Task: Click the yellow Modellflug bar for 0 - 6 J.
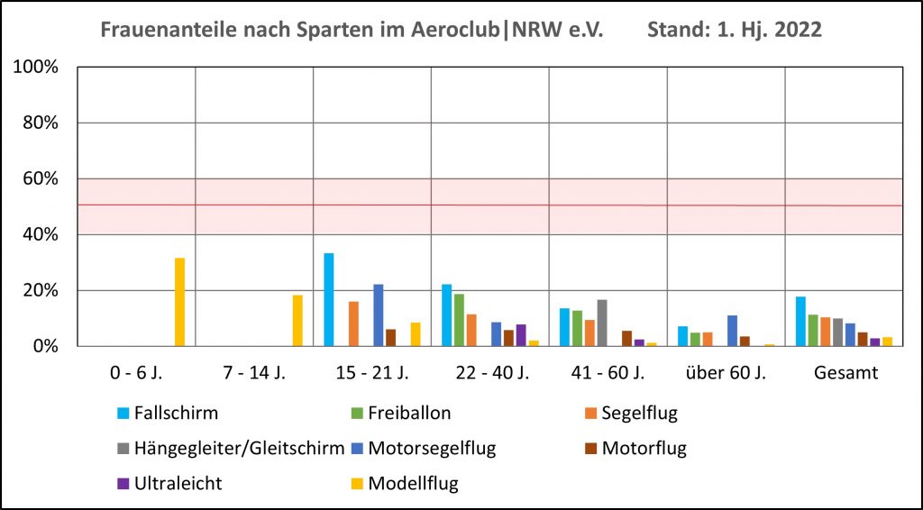tap(179, 302)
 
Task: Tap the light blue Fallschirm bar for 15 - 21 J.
tap(329, 300)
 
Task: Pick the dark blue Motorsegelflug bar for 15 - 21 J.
tap(379, 315)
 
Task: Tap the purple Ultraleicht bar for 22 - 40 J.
tap(521, 335)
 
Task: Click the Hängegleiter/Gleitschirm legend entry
tap(230, 448)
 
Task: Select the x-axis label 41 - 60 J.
tap(608, 373)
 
